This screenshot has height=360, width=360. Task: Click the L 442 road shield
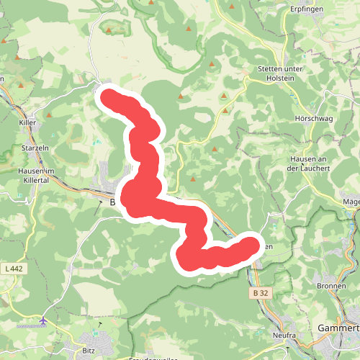coord(14,269)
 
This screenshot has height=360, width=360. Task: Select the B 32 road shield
coord(261,293)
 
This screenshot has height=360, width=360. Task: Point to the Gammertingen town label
coord(338,328)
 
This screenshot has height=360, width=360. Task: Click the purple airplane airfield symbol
coord(44,319)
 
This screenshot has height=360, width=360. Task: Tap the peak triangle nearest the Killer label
coord(48,114)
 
